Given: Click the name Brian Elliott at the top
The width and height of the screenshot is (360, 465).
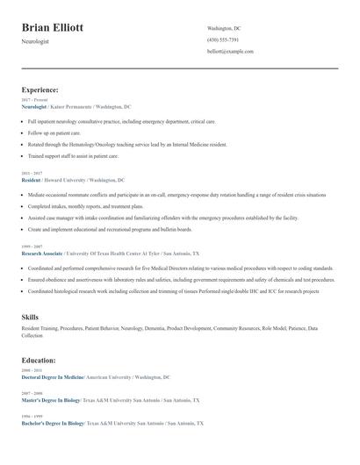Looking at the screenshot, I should tap(53, 28).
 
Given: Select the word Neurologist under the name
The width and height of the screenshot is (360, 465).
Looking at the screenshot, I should tap(39, 42).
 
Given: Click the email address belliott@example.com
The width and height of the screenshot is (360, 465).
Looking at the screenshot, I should tap(230, 51).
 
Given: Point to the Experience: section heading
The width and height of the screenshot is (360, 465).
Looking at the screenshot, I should tap(40, 89).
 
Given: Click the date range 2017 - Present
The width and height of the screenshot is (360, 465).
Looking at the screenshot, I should tap(34, 100).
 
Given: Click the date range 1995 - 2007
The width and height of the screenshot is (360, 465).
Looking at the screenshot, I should tap(32, 247).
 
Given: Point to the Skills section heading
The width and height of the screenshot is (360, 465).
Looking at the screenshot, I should tap(30, 316).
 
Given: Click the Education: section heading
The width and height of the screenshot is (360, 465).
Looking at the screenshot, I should tap(39, 360).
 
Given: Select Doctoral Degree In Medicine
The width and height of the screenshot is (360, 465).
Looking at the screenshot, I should tap(52, 376).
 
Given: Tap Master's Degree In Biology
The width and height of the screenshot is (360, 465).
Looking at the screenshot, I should tap(51, 399).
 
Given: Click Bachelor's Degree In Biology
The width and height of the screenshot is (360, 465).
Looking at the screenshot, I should tap(53, 423).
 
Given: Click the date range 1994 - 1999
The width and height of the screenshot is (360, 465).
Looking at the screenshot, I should tap(32, 416).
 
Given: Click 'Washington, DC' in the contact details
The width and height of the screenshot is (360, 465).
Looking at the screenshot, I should tap(224, 28).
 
